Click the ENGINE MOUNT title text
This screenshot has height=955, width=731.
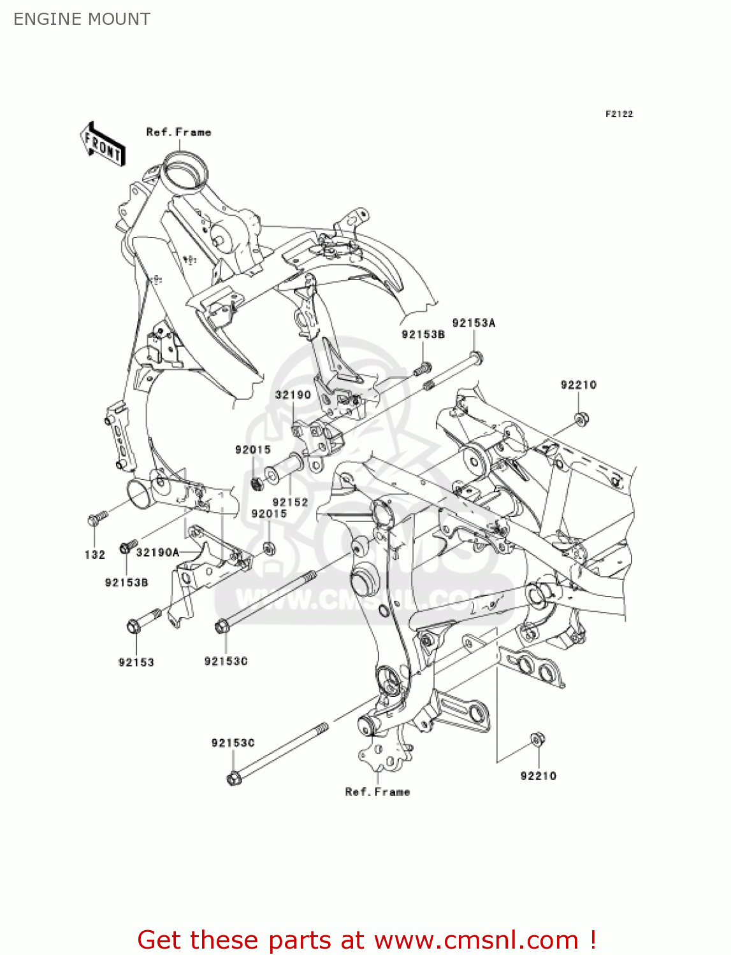pyautogui.click(x=82, y=19)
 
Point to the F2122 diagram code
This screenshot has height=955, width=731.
pyautogui.click(x=619, y=114)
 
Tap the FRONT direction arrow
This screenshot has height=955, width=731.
pyautogui.click(x=103, y=145)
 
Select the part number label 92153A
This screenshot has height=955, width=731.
pyautogui.click(x=474, y=323)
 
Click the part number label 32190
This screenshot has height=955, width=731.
pyautogui.click(x=293, y=395)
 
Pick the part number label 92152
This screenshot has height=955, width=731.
pyautogui.click(x=291, y=502)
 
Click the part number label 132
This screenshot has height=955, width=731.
pyautogui.click(x=94, y=555)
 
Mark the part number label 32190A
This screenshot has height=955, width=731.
pyautogui.click(x=157, y=552)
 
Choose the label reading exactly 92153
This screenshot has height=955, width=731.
pyautogui.click(x=136, y=662)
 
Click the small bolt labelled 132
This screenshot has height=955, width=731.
pyautogui.click(x=95, y=519)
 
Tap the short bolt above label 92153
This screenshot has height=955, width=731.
pyautogui.click(x=143, y=620)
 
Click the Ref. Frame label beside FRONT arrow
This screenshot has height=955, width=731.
pyautogui.click(x=178, y=132)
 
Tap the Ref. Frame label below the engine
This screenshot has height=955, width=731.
pyautogui.click(x=377, y=791)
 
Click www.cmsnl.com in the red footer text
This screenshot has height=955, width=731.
pyautogui.click(x=475, y=940)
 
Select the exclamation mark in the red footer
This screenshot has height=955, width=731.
pyautogui.click(x=592, y=940)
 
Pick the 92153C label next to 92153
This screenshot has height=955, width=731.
pyautogui.click(x=226, y=661)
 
